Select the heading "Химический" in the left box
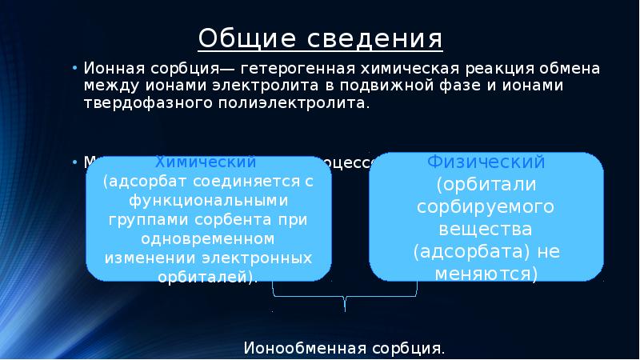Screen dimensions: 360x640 205,162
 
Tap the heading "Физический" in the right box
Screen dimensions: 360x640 486,162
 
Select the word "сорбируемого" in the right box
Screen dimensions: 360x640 486,206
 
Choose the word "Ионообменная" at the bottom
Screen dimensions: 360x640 305,349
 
